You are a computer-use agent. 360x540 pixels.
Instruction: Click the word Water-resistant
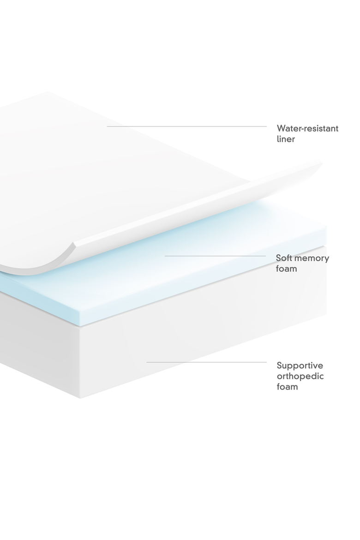tap(307, 128)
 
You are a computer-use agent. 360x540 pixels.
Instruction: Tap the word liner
tap(286, 139)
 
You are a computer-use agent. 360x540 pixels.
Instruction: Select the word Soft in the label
tap(283, 258)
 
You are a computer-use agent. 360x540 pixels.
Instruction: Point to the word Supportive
tap(300, 366)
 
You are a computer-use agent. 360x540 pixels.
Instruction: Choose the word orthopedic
tap(300, 377)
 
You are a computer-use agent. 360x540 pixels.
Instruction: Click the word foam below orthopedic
tap(287, 387)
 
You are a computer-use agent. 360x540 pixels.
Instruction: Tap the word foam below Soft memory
tap(286, 269)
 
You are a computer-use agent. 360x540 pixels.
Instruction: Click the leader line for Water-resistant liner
tap(187, 126)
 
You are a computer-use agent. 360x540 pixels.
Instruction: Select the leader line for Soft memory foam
tap(216, 256)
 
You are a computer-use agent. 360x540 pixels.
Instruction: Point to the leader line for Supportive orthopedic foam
tap(207, 362)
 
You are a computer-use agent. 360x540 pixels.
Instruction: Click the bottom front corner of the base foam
tap(80, 398)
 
